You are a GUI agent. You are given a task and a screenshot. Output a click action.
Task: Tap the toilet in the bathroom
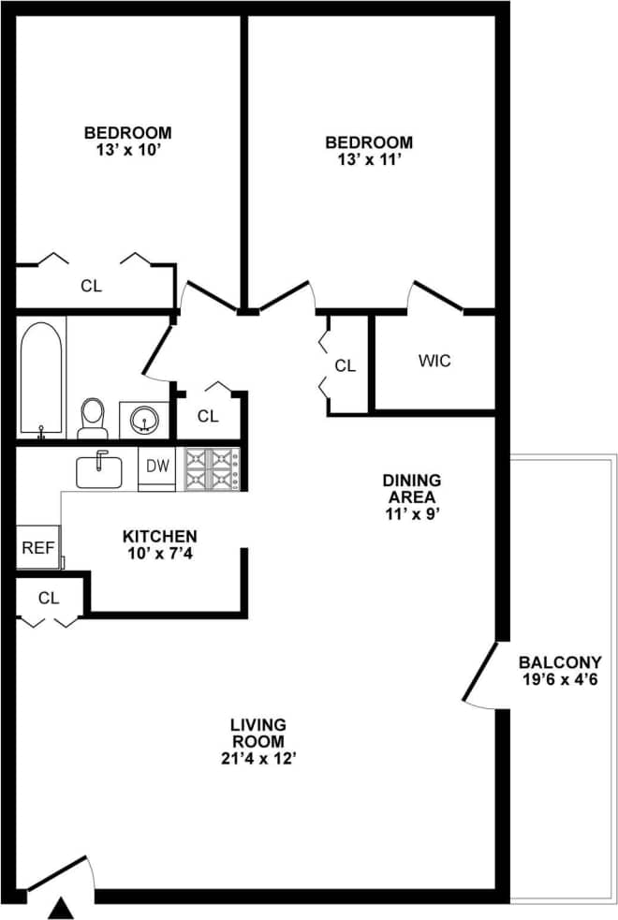[x=93, y=417]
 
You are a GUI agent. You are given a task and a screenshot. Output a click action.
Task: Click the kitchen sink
[x=99, y=469]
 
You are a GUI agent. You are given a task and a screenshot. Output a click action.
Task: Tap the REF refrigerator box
[x=37, y=548]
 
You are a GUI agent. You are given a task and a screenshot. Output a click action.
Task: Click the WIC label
[x=434, y=361]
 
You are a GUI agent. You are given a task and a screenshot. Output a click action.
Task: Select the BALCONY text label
[x=560, y=662]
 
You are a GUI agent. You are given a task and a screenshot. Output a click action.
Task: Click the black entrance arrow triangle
[x=61, y=907]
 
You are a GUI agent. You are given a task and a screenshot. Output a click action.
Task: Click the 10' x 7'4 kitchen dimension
[x=160, y=553]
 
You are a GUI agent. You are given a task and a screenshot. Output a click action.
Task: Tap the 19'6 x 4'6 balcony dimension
[x=560, y=679]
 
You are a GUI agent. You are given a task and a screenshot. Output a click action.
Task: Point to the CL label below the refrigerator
[x=49, y=597]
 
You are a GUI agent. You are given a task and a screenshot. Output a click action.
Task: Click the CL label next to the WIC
[x=346, y=366]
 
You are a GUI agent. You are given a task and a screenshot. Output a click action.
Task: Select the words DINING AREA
[x=411, y=488]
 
